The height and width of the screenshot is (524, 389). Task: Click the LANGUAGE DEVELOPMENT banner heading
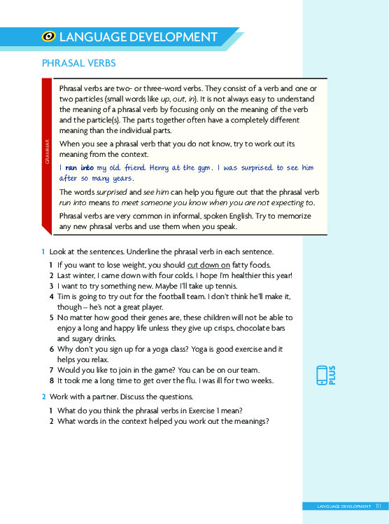(x=139, y=38)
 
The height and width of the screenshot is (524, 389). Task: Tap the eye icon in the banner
(x=50, y=38)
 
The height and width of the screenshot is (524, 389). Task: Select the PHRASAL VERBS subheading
(x=78, y=64)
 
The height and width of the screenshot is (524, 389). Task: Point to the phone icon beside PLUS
(x=323, y=375)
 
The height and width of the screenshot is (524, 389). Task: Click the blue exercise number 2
(x=43, y=397)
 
